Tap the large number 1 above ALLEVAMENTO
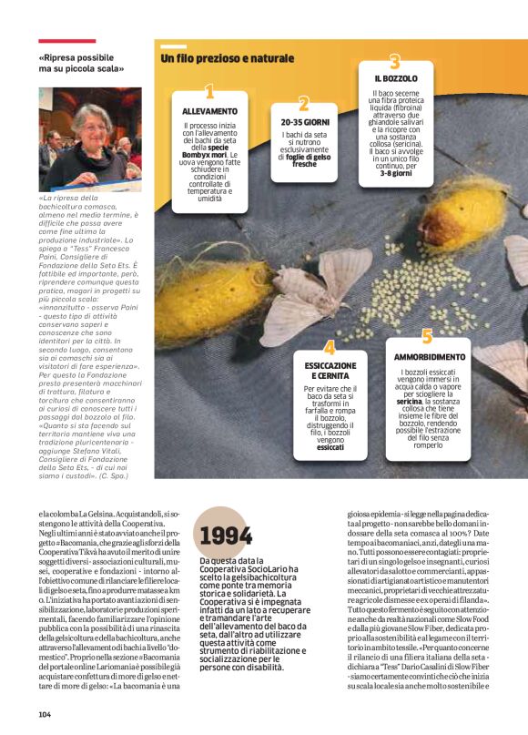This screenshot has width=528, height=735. (x=209, y=92)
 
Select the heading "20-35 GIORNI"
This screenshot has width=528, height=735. (x=304, y=121)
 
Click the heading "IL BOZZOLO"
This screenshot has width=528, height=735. (x=395, y=79)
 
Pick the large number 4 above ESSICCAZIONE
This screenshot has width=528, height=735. (x=329, y=347)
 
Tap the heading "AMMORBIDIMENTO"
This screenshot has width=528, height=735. (x=430, y=357)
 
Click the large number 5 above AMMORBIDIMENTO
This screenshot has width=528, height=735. (x=426, y=338)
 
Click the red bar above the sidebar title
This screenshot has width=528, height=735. (x=66, y=41)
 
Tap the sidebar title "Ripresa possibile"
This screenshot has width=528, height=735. (x=83, y=56)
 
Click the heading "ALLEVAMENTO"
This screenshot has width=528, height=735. (x=209, y=110)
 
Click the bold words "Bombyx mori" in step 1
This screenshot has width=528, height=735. (x=218, y=155)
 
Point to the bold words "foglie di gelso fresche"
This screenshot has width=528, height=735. (x=304, y=159)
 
